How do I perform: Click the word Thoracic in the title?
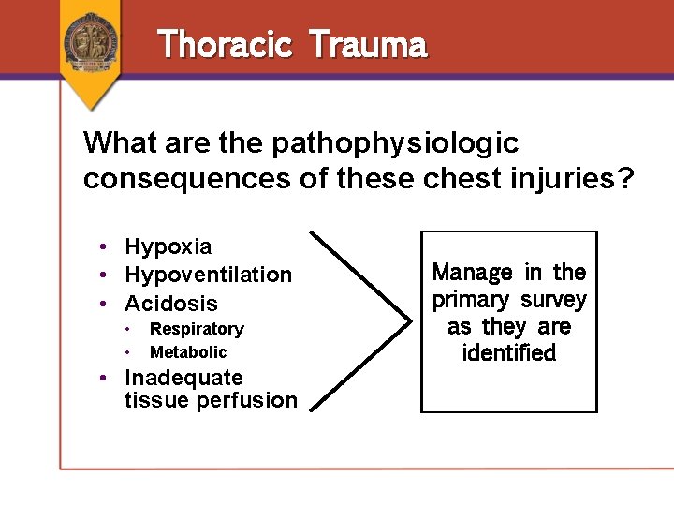[x=225, y=44]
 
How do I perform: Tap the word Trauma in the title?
[x=367, y=44]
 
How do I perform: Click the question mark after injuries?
[x=624, y=178]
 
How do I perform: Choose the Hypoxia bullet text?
[x=168, y=246]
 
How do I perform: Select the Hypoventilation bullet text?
[x=208, y=275]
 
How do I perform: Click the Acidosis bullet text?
[x=170, y=304]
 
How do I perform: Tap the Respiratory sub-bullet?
[x=197, y=329]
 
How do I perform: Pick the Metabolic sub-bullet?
[x=188, y=352]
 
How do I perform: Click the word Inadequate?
[x=183, y=378]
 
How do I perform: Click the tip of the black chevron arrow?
[x=410, y=320]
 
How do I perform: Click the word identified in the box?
[x=509, y=353]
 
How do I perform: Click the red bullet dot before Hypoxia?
[x=109, y=246]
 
